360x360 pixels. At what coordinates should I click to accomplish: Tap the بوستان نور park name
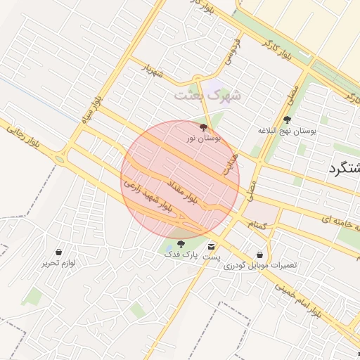click(204, 139)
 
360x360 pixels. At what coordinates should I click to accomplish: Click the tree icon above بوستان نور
click(204, 128)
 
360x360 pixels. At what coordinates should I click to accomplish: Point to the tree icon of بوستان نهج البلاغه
click(287, 120)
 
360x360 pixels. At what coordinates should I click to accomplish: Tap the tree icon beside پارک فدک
click(181, 245)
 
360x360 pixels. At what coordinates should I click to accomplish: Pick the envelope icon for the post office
click(212, 247)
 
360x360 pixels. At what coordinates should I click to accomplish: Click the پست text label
click(212, 258)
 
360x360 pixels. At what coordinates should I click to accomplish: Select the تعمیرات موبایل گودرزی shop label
click(261, 266)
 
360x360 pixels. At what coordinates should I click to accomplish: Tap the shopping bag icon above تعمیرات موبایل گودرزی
click(261, 255)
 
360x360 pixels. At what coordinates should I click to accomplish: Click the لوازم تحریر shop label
click(58, 263)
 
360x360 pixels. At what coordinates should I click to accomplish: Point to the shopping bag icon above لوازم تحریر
click(58, 252)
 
